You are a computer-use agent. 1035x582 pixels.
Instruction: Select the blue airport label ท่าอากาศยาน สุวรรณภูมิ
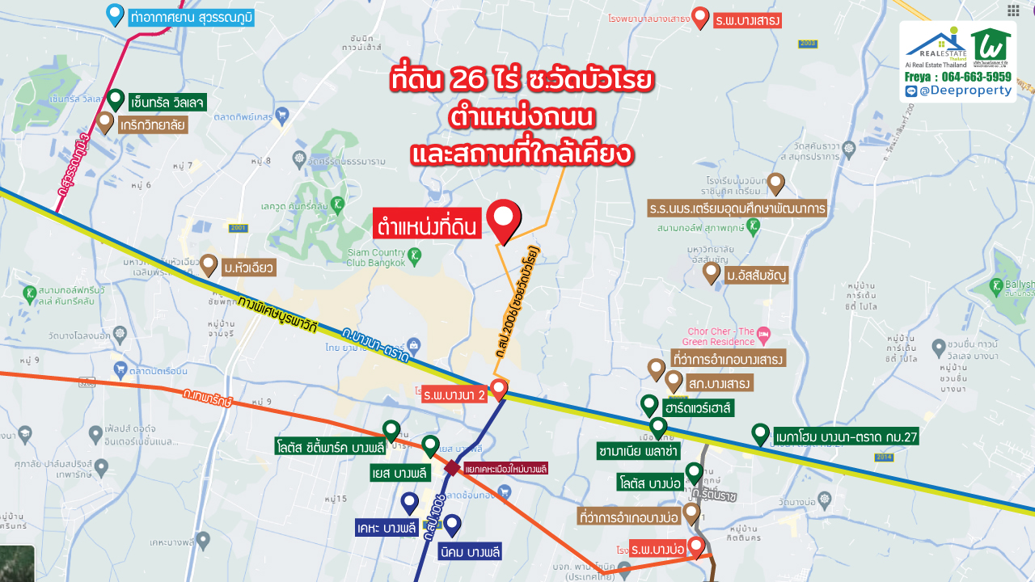click(191, 16)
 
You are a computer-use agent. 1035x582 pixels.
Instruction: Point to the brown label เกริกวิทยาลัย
click(153, 125)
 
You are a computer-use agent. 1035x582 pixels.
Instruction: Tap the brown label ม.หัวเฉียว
click(249, 267)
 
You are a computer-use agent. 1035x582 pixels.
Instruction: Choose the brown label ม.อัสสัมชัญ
click(755, 276)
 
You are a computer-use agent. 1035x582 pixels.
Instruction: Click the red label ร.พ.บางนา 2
click(454, 395)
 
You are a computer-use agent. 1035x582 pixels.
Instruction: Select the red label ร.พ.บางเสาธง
click(748, 20)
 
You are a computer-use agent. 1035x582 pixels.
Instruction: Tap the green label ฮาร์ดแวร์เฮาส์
click(697, 408)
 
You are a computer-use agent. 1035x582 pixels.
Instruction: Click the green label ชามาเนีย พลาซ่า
click(638, 449)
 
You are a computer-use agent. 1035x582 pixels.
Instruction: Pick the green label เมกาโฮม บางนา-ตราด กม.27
click(845, 437)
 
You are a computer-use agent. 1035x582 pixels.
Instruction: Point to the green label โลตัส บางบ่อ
click(648, 483)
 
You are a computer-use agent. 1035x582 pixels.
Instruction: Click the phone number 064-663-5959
click(977, 77)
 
